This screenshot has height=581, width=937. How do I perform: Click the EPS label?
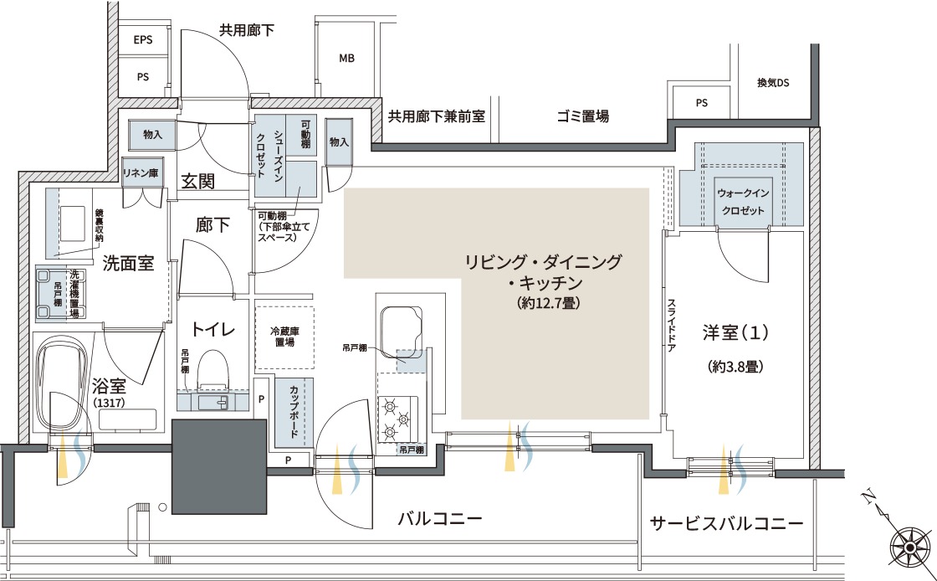pyautogui.click(x=143, y=40)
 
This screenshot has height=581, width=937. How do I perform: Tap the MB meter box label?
pyautogui.click(x=346, y=58)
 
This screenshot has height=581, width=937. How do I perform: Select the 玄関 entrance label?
pyautogui.click(x=197, y=181)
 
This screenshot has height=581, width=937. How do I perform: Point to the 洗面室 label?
pyautogui.click(x=128, y=262)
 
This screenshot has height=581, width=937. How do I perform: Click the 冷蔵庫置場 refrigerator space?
pyautogui.click(x=284, y=337)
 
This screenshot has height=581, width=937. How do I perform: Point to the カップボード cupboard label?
pyautogui.click(x=294, y=411)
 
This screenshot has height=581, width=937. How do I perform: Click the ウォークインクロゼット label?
pyautogui.click(x=743, y=202)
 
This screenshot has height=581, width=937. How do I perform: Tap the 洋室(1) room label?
pyautogui.click(x=735, y=332)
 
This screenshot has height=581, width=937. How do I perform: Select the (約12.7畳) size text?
pyautogui.click(x=549, y=303)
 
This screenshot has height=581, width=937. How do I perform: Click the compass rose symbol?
pyautogui.click(x=911, y=547)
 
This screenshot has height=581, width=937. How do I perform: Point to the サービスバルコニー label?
pyautogui.click(x=727, y=523)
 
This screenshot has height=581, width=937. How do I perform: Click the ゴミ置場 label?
pyautogui.click(x=582, y=116)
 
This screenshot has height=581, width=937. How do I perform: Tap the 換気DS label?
pyautogui.click(x=773, y=83)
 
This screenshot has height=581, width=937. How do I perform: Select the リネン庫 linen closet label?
pyautogui.click(x=141, y=172)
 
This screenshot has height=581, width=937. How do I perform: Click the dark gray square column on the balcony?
pyautogui.click(x=219, y=466)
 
